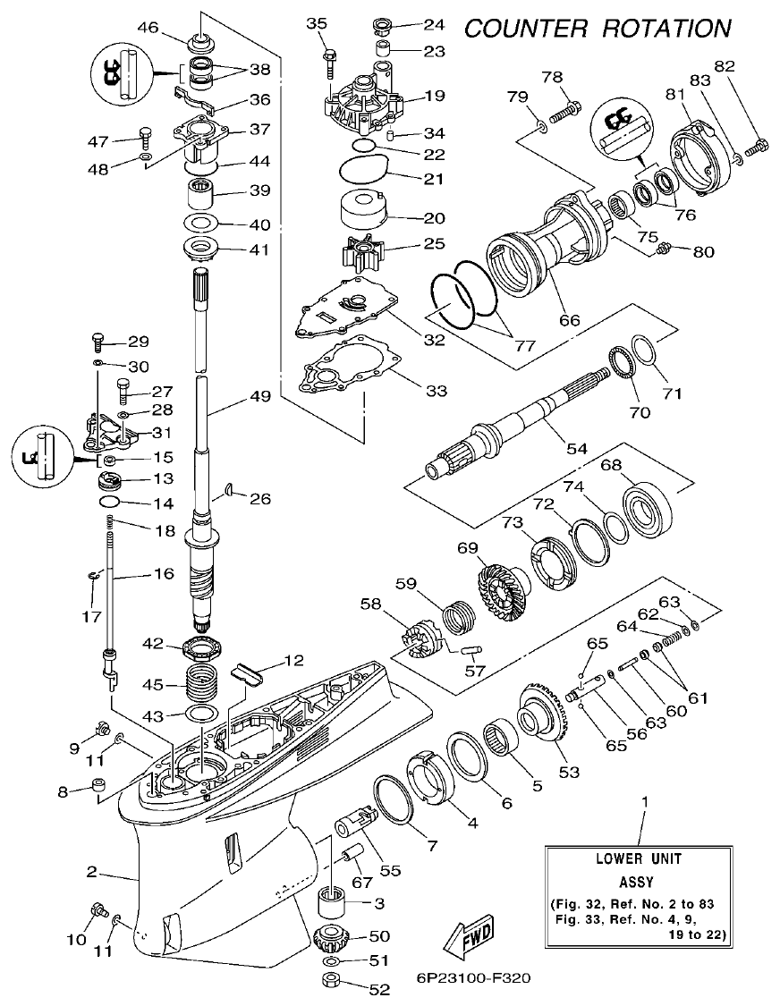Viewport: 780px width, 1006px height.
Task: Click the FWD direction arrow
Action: (470, 937)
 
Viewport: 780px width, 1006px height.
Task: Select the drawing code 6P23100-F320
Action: (473, 977)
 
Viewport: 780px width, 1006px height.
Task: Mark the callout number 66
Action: (568, 319)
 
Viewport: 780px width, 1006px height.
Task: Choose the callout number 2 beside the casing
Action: (92, 871)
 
